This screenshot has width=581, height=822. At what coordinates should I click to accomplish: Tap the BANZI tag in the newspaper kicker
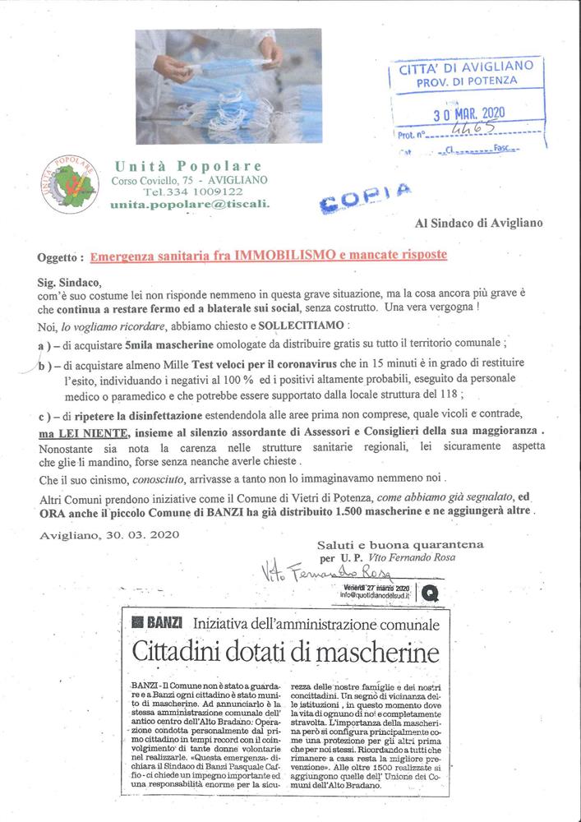[158, 623]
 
